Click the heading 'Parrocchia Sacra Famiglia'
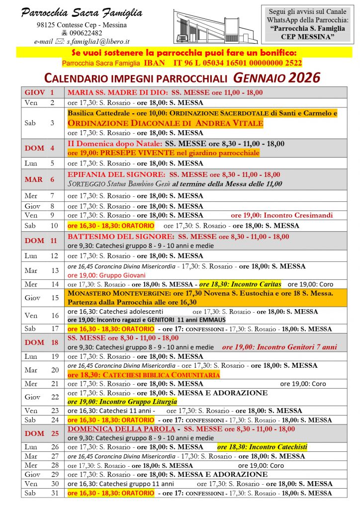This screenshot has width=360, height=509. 82,13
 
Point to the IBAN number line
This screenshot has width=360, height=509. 182,63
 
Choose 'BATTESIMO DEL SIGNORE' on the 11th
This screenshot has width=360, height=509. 120,237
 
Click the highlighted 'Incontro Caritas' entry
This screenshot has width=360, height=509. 240,284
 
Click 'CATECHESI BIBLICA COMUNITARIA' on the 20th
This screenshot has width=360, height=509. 144,375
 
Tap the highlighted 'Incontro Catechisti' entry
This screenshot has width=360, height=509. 263,447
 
